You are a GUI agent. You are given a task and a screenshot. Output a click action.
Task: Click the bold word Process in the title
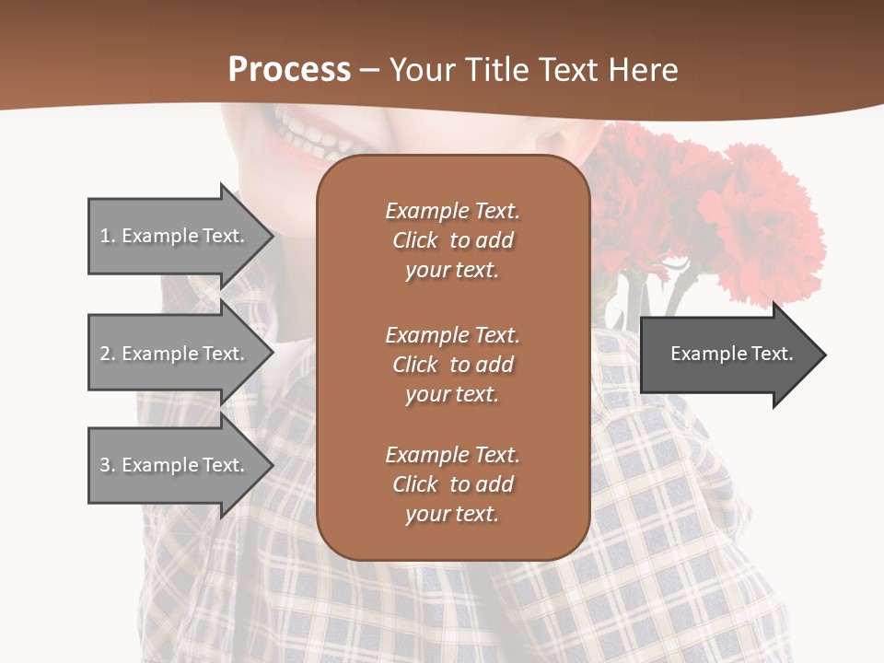pyautogui.click(x=289, y=70)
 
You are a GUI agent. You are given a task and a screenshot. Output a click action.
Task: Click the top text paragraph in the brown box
pyautogui.click(x=452, y=240)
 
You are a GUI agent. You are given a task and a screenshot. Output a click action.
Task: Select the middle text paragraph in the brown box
pyautogui.click(x=452, y=365)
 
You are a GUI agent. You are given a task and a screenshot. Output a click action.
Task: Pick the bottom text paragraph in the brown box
pyautogui.click(x=452, y=484)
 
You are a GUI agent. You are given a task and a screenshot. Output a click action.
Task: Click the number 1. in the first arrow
pyautogui.click(x=107, y=236)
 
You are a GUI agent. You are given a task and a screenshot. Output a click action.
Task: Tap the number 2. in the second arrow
pyautogui.click(x=107, y=354)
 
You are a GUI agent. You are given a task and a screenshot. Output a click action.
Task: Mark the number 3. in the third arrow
pyautogui.click(x=107, y=465)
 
